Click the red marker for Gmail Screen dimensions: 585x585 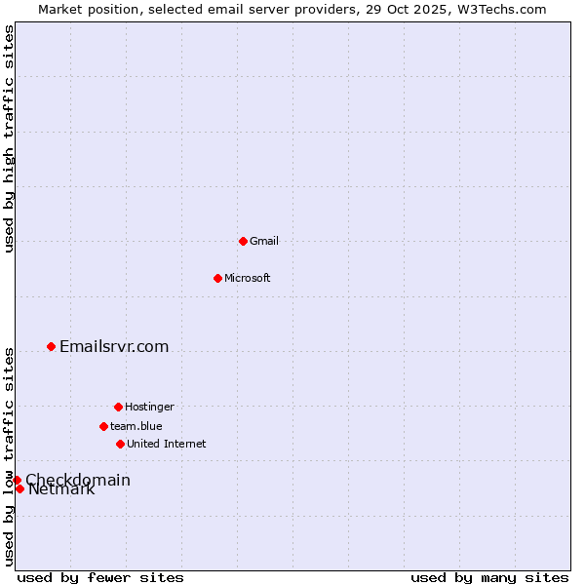[x=243, y=241]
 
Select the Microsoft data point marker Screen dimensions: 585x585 [x=217, y=278]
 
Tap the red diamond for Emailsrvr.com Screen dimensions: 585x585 [x=51, y=346]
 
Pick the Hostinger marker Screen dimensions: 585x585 [x=118, y=407]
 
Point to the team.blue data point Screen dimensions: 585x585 [x=103, y=426]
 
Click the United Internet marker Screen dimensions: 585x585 [x=120, y=444]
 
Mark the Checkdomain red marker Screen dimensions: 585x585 [x=17, y=480]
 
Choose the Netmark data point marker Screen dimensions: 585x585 [x=19, y=488]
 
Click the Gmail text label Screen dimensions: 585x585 [x=264, y=241]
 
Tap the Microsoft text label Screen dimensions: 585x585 [x=248, y=278]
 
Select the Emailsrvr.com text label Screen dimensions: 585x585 [x=114, y=346]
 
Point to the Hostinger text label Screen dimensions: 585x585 [x=149, y=407]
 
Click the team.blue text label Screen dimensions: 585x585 [x=136, y=426]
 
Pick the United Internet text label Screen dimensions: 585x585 [x=167, y=444]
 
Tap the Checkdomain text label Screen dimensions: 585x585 [x=78, y=479]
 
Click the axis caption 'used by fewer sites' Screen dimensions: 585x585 [x=100, y=577]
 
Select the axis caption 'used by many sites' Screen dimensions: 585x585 [x=489, y=577]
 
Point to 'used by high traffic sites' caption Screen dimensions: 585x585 [x=9, y=138]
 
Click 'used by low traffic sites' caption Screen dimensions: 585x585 [x=9, y=456]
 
